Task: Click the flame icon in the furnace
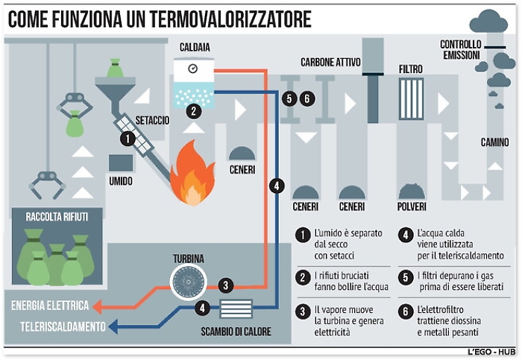coord(192,180)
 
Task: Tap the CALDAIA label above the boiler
coord(195,48)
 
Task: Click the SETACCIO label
coord(152,119)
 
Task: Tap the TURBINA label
coord(189,259)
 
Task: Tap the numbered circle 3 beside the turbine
coord(225,285)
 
